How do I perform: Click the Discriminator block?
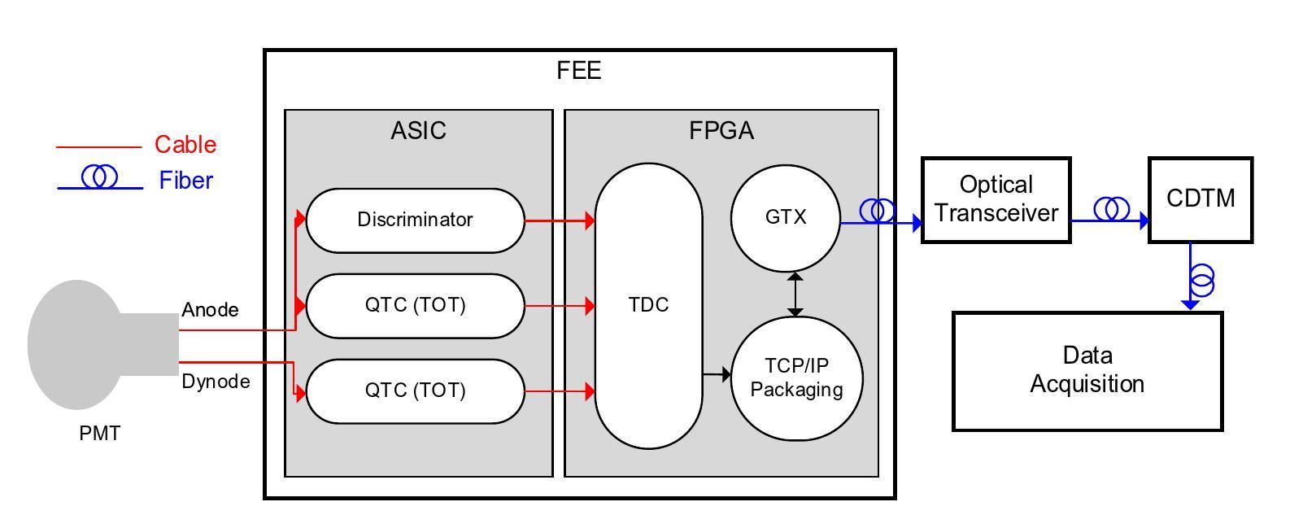pyautogui.click(x=415, y=220)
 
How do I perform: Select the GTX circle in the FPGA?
pyautogui.click(x=786, y=217)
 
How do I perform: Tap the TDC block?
pyautogui.click(x=648, y=305)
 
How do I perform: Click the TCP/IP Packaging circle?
pyautogui.click(x=796, y=377)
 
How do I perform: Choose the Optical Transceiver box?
pyautogui.click(x=996, y=199)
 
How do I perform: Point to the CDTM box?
pyautogui.click(x=1200, y=199)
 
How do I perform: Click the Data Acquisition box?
pyautogui.click(x=1087, y=370)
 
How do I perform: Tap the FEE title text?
pyautogui.click(x=578, y=71)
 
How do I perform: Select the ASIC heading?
pyautogui.click(x=418, y=131)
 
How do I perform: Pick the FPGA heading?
pyautogui.click(x=721, y=131)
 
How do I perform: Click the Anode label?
pyautogui.click(x=210, y=310)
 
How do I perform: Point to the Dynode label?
pyautogui.click(x=216, y=382)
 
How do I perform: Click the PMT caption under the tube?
pyautogui.click(x=100, y=434)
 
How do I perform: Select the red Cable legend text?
pyautogui.click(x=185, y=145)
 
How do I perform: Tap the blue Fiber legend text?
pyautogui.click(x=185, y=181)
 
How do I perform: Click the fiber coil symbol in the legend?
pyautogui.click(x=99, y=177)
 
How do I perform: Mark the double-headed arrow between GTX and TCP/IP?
pyautogui.click(x=795, y=295)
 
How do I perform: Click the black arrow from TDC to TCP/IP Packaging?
pyautogui.click(x=717, y=375)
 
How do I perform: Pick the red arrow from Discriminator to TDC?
pyautogui.click(x=560, y=220)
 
